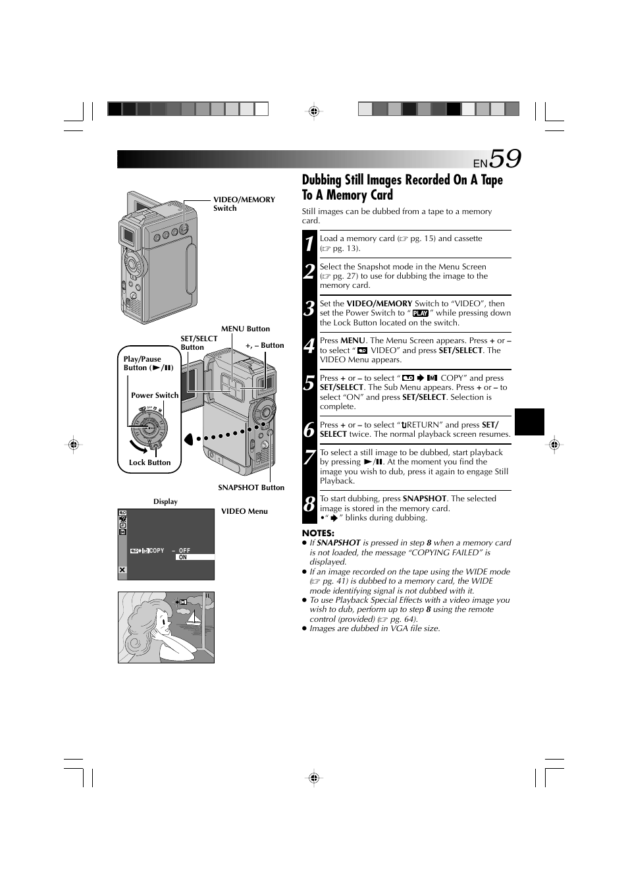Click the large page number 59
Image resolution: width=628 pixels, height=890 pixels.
pos(505,159)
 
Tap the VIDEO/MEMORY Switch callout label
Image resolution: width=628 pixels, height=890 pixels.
pos(244,204)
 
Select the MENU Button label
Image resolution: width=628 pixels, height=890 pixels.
pos(245,329)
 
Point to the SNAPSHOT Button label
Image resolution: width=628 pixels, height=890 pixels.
pos(251,487)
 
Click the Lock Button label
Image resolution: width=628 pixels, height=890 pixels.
pos(149,462)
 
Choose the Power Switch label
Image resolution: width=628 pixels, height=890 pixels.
pos(154,395)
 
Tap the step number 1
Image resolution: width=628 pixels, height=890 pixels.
pos(309,244)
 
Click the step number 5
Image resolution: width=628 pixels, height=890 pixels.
pos(309,383)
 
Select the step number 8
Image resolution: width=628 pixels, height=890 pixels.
pos(309,505)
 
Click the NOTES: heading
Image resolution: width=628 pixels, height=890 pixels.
pos(318,533)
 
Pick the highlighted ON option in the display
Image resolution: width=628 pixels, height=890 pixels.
pos(183,557)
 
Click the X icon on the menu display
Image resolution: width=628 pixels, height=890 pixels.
pos(122,570)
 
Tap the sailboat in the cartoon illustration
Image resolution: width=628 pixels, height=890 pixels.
pos(194,620)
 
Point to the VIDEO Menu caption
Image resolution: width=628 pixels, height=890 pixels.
pos(244,511)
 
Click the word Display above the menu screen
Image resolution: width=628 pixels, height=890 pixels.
pos(165,501)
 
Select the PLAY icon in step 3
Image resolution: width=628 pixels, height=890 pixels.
pos(420,314)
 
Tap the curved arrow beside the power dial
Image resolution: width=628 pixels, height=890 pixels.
pos(140,448)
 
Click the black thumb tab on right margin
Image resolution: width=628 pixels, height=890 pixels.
pos(529,422)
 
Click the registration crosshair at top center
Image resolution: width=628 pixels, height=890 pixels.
pos(314,111)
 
